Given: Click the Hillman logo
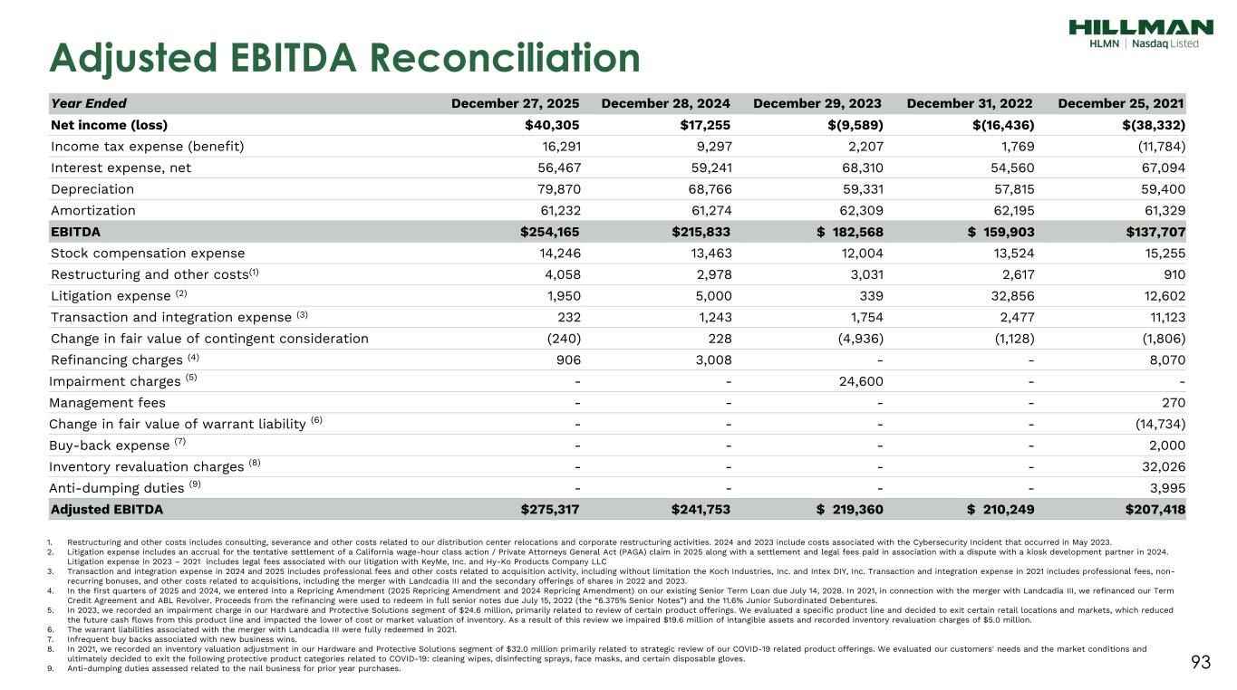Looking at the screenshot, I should [1140, 34].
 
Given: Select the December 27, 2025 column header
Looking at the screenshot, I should [515, 103].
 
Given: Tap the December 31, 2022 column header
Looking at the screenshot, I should [970, 103].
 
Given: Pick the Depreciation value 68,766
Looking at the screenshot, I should [702, 189].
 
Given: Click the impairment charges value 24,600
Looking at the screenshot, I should [856, 381].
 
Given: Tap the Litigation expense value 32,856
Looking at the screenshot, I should [1007, 296].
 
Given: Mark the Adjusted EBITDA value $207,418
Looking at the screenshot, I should [1154, 510].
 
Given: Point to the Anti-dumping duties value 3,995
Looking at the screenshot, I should [1164, 488].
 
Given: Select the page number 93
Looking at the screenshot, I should [1201, 663].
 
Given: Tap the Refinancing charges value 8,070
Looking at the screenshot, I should [1164, 360].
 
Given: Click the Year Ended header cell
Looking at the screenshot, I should [89, 103].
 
